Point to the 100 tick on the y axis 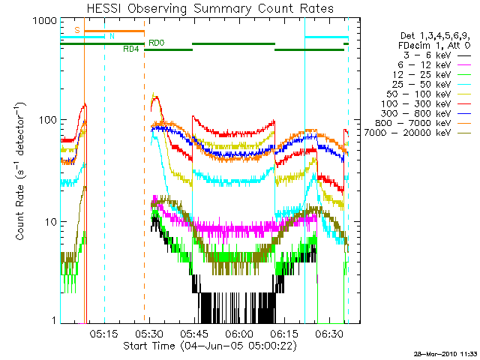(x=47, y=121)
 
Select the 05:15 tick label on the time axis (x=105, y=334)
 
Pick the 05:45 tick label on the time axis (x=196, y=334)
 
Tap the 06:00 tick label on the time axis (x=241, y=334)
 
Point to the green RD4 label (x=130, y=49)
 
